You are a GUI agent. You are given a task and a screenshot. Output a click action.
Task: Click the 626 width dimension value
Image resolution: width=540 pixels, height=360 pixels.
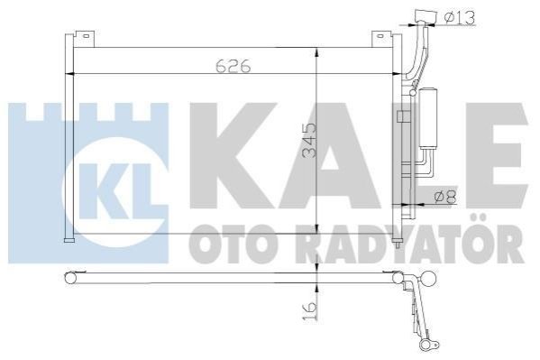pyautogui.click(x=233, y=66)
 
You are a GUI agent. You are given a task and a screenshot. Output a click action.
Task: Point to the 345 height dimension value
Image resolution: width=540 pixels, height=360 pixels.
pyautogui.click(x=309, y=141)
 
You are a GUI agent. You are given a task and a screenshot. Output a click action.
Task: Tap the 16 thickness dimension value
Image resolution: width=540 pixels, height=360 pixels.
pyautogui.click(x=309, y=311)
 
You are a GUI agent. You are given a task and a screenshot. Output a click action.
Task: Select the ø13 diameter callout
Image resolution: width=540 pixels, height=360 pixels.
pyautogui.click(x=460, y=17)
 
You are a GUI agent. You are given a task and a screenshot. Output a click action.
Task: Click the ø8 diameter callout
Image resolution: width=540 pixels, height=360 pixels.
pyautogui.click(x=445, y=198)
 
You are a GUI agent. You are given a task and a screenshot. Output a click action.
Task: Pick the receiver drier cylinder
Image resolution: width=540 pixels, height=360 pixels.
pyautogui.click(x=427, y=119)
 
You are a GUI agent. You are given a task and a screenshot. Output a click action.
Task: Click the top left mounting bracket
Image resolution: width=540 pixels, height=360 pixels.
pyautogui.click(x=84, y=38)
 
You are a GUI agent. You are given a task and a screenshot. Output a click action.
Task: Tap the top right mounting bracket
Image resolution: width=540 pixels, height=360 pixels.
pyautogui.click(x=382, y=39)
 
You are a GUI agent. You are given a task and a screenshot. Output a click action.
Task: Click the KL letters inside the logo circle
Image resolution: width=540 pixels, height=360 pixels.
pyautogui.click(x=115, y=191)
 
